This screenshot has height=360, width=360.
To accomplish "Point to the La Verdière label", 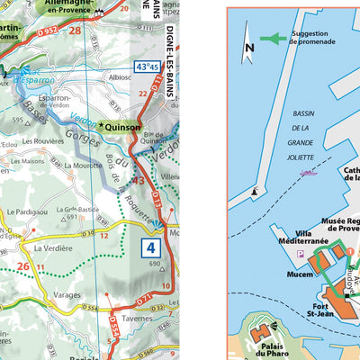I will [52, 247].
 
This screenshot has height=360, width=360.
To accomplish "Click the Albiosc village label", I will [120, 77].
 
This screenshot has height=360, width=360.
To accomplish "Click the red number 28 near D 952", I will [75, 31].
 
